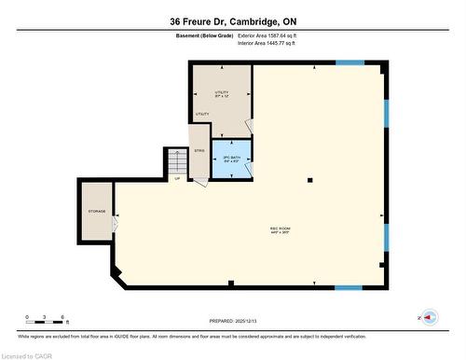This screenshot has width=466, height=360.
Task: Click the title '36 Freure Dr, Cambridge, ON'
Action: (x=234, y=21)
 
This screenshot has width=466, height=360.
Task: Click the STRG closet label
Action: (x=199, y=150)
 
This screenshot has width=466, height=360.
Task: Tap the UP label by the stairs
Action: (x=177, y=179)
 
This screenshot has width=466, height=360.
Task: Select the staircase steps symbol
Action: (x=177, y=163)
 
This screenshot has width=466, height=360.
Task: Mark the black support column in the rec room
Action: (x=311, y=180)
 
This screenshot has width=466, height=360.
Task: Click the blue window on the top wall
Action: (x=349, y=62)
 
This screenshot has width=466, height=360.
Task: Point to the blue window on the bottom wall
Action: (x=349, y=287)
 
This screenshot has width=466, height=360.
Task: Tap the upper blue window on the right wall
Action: (x=385, y=113)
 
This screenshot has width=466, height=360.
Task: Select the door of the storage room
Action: (x=115, y=225)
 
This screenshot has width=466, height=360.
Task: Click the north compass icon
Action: (x=430, y=318)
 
